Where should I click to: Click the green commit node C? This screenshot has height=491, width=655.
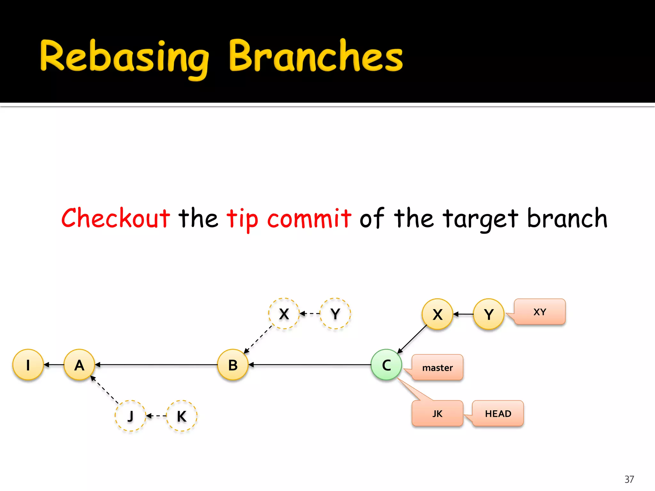point(386,365)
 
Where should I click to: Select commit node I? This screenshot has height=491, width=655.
point(28,365)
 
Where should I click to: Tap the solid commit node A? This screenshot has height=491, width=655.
point(79,365)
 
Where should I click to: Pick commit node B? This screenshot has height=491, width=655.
point(233,365)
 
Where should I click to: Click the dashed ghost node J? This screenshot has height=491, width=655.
point(130,416)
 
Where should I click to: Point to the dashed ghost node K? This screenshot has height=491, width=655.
point(182,416)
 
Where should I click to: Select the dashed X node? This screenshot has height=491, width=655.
point(284,314)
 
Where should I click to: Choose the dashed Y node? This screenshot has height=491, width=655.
point(335,314)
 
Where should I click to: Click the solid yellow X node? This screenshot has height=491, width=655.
point(438,314)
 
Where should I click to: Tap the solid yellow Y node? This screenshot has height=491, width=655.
point(489,314)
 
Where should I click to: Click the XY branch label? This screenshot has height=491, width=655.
point(540,312)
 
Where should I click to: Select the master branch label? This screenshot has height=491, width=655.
point(438,368)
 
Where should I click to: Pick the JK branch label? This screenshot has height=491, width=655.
point(438,414)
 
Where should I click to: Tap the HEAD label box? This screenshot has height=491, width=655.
point(498,414)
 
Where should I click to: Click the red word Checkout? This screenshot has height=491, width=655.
point(116,218)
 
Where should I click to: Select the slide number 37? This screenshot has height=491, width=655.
point(629,479)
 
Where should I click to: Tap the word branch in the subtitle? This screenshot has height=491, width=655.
point(567,218)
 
